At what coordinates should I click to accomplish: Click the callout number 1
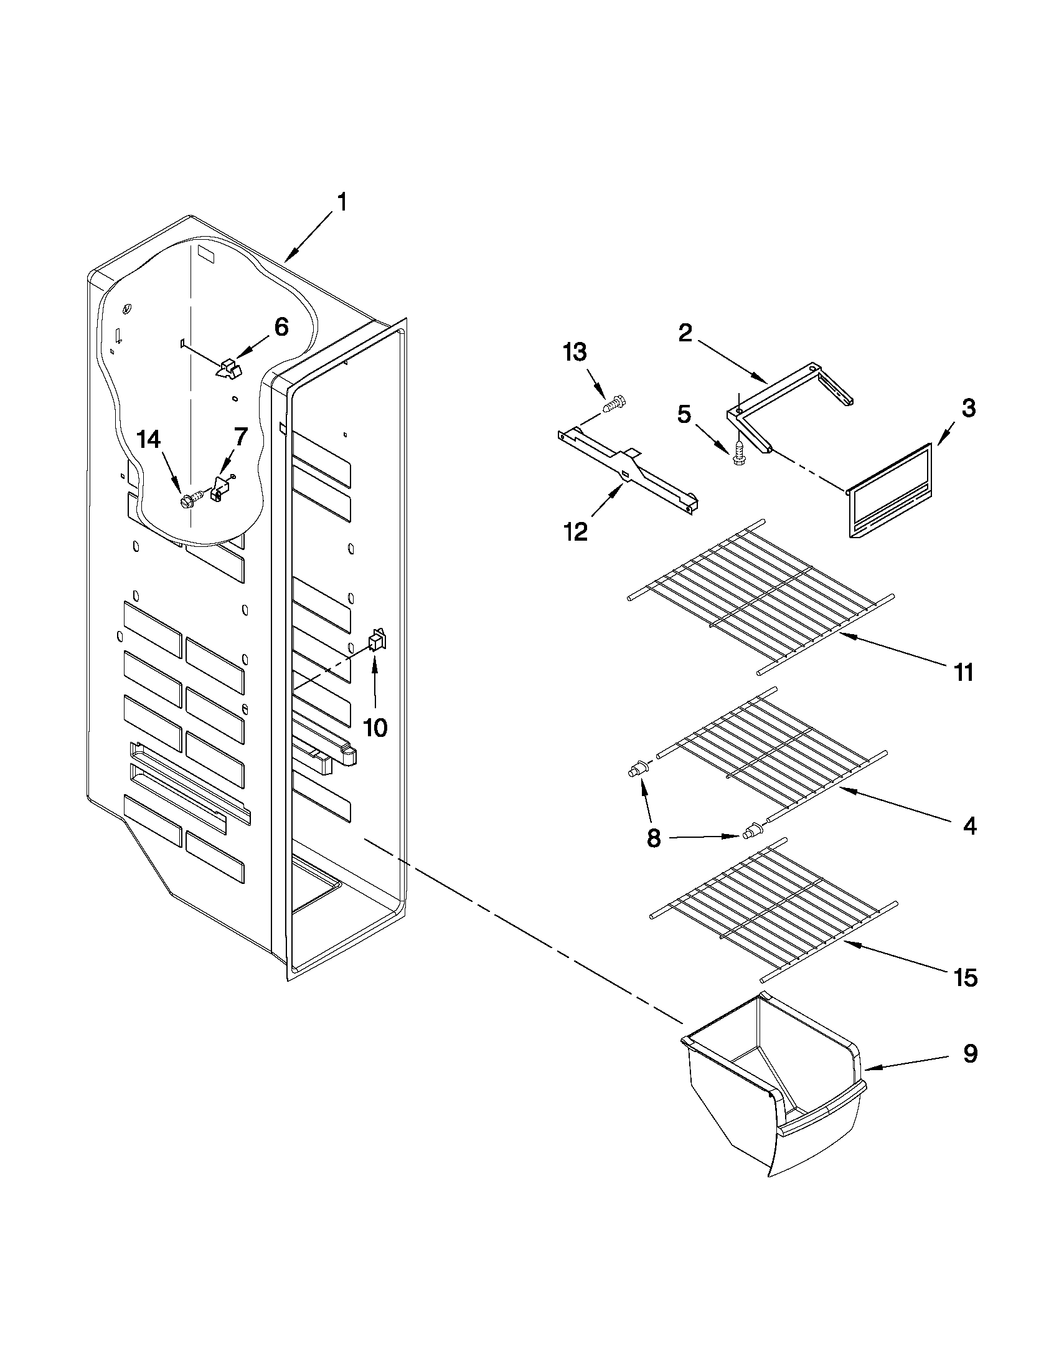point(342,202)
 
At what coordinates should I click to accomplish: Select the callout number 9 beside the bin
point(970,1054)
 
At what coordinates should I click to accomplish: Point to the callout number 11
point(964,672)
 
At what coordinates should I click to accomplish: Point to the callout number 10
point(375,728)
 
